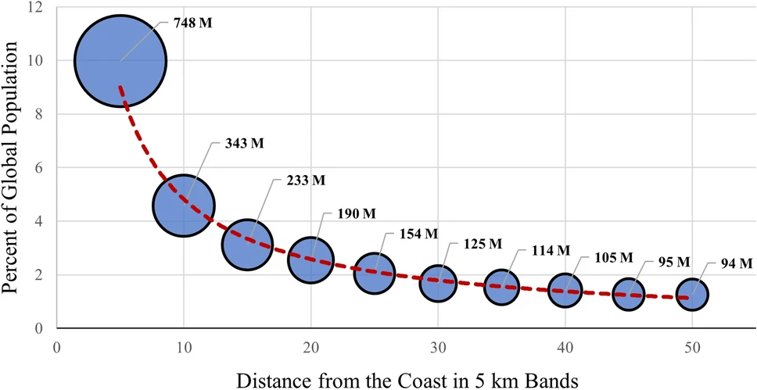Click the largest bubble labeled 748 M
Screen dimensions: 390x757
[120, 60]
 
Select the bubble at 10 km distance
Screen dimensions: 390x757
[184, 206]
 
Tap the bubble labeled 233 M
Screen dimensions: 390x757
[247, 245]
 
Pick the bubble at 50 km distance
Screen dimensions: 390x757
[692, 295]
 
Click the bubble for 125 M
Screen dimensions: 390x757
[438, 284]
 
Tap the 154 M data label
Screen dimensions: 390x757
[415, 234]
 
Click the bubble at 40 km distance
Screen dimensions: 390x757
[565, 289]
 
